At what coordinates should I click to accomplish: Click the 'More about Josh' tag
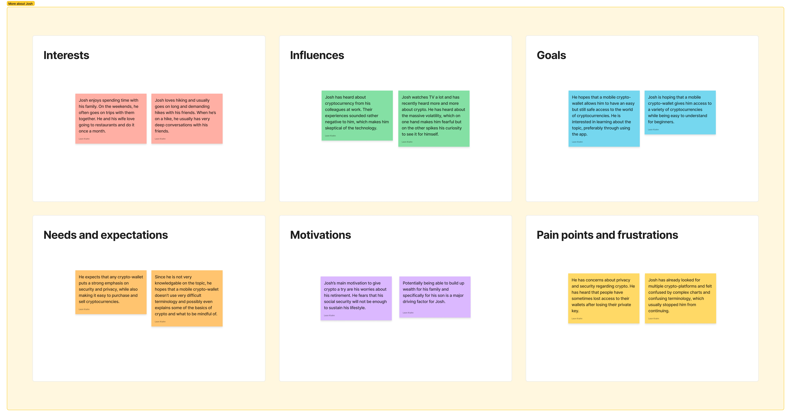pyautogui.click(x=21, y=4)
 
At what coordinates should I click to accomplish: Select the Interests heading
pyautogui.click(x=66, y=55)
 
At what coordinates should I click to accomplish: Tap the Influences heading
pyautogui.click(x=317, y=55)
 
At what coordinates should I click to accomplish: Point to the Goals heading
pyautogui.click(x=551, y=55)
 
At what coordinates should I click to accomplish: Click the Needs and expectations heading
pyautogui.click(x=106, y=235)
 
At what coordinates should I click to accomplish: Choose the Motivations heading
pyautogui.click(x=320, y=235)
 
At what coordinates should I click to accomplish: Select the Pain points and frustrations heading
pyautogui.click(x=607, y=235)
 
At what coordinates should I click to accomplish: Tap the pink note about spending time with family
pyautogui.click(x=111, y=118)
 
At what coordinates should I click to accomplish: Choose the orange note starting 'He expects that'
pyautogui.click(x=111, y=292)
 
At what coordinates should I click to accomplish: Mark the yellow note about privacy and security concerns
pyautogui.click(x=604, y=298)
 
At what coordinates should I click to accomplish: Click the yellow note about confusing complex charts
pyautogui.click(x=680, y=298)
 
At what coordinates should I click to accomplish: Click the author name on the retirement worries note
pyautogui.click(x=329, y=315)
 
